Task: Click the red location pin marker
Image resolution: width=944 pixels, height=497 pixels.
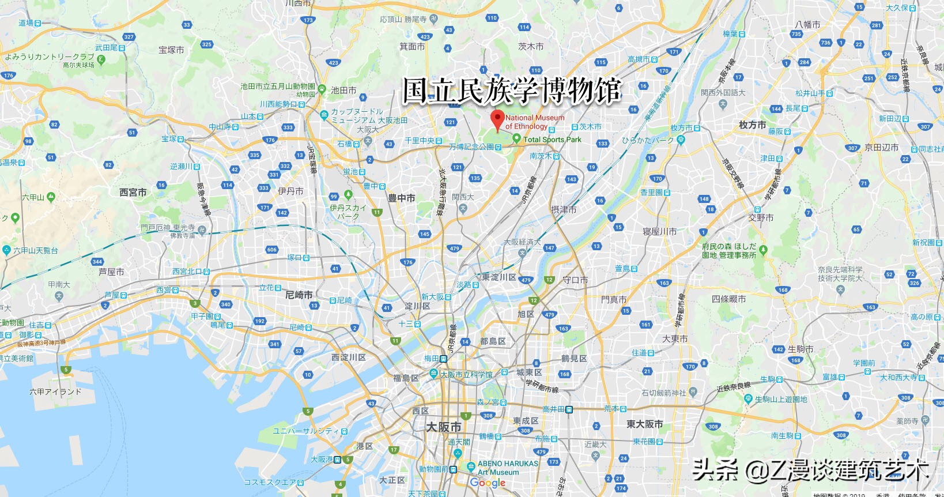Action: tap(497, 119)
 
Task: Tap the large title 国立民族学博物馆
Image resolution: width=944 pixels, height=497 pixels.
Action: tap(512, 91)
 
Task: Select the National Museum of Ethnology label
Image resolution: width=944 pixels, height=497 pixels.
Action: tap(534, 122)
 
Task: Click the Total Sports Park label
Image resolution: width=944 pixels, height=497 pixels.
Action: tap(552, 140)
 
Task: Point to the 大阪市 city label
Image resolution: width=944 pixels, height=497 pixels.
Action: tap(443, 427)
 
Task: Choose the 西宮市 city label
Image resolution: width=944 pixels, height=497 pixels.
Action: tap(133, 193)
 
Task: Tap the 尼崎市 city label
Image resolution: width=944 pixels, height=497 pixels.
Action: tap(299, 295)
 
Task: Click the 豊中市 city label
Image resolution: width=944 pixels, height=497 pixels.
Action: tap(401, 198)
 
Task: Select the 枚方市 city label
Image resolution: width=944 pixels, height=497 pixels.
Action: tap(752, 125)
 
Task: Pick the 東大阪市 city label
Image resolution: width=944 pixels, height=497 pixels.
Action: tap(644, 424)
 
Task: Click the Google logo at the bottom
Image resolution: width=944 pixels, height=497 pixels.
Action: tap(488, 483)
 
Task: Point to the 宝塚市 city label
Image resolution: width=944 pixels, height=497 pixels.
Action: tap(171, 50)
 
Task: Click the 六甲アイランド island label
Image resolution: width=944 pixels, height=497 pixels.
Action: tap(55, 391)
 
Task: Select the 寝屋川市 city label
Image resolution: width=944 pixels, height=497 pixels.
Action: tap(659, 231)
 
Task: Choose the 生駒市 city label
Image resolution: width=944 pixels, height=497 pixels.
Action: tap(800, 349)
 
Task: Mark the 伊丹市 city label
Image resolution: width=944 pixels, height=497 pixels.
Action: tap(290, 191)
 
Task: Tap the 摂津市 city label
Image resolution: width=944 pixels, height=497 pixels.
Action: tap(564, 209)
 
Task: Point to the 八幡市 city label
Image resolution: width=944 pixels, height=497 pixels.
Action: tap(807, 25)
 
